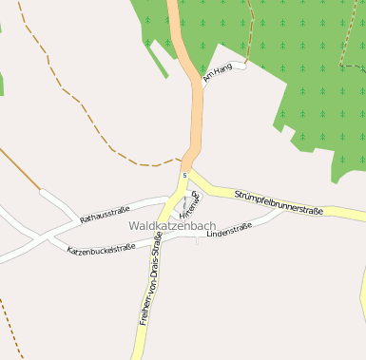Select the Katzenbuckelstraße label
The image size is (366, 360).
tap(100, 251)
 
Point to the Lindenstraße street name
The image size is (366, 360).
tap(228, 229)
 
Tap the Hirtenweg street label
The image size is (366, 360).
tap(198, 204)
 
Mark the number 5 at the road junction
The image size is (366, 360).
tap(184, 175)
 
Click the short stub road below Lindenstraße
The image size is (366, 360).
tap(197, 239)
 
